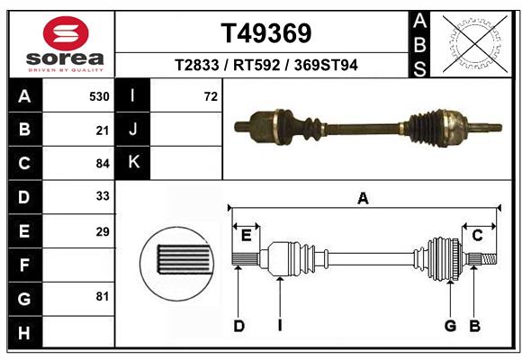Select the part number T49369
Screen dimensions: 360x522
click(266, 33)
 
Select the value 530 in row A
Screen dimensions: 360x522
click(99, 96)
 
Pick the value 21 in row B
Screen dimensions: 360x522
click(102, 130)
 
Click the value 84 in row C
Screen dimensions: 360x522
click(102, 164)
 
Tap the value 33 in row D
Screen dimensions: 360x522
click(102, 195)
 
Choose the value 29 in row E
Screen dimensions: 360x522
click(102, 231)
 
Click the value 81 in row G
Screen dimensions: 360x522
click(102, 296)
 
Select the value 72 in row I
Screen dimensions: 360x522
click(211, 96)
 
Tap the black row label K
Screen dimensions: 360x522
click(134, 163)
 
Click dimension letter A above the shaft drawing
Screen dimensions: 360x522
click(363, 199)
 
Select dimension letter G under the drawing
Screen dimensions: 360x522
click(450, 326)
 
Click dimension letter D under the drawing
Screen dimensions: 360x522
click(239, 326)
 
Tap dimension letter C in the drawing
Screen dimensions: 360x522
click(478, 236)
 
